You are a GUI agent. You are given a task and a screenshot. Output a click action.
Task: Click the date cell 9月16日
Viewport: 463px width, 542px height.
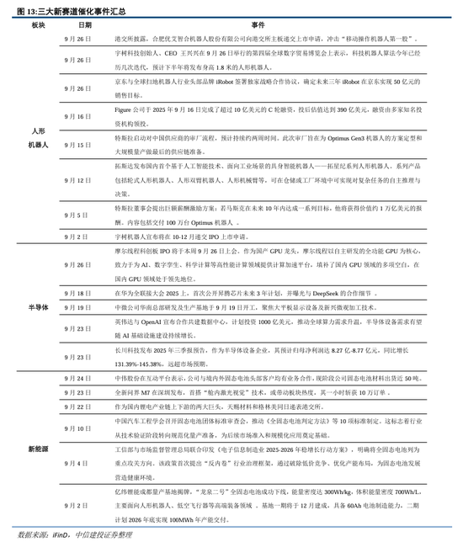click(x=74, y=116)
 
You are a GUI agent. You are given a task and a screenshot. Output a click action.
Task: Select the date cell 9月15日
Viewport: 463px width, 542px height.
click(x=74, y=145)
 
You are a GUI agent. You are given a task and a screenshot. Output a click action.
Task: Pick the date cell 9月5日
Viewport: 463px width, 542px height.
click(x=74, y=215)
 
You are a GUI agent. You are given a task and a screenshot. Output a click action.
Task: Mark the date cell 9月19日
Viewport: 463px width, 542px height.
click(x=74, y=307)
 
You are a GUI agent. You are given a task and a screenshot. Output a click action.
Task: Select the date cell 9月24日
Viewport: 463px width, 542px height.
click(x=74, y=379)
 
